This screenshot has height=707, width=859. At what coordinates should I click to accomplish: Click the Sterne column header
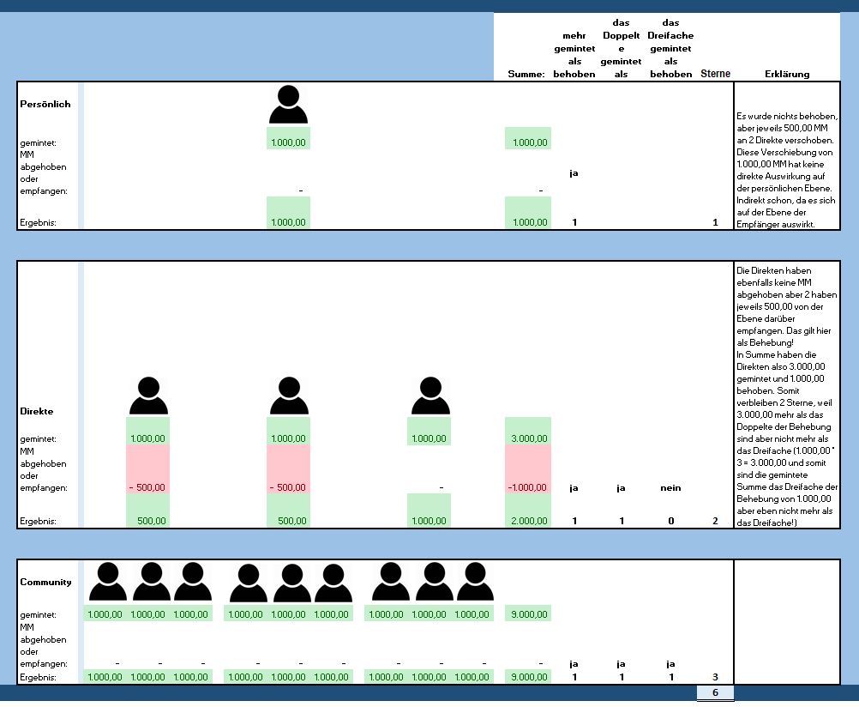point(716,74)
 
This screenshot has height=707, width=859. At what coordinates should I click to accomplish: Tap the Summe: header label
point(526,75)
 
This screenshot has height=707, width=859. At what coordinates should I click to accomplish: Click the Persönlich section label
point(45,105)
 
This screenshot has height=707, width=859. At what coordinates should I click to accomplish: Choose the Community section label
point(45,583)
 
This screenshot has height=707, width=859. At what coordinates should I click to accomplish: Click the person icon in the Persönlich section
point(288,105)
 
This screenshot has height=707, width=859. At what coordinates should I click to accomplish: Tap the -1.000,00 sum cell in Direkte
point(528,487)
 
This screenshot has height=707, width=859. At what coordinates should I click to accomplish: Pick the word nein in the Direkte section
point(670,487)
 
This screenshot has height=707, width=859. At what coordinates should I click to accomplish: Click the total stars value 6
point(715,692)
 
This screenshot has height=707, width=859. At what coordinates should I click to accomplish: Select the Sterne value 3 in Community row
point(715,677)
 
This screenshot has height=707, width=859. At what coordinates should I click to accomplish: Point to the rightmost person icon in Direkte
point(429,397)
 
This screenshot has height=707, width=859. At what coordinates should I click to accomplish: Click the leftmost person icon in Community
point(108,582)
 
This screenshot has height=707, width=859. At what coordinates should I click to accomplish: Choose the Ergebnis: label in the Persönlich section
point(39,222)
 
